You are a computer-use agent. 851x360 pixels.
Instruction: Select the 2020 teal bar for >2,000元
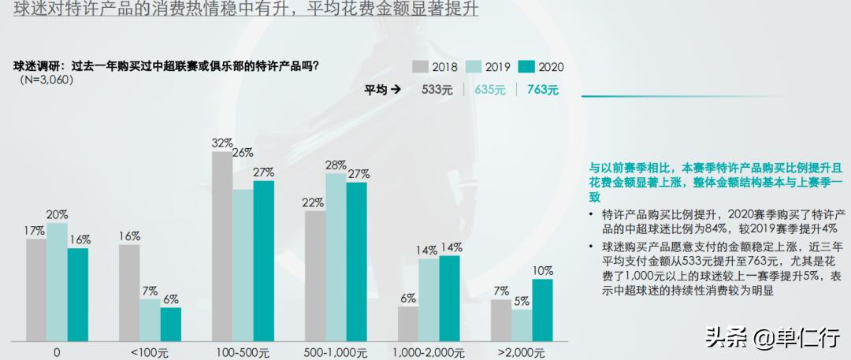click(542, 308)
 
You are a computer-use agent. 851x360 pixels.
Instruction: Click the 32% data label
click(222, 143)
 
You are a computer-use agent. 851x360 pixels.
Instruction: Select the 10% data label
click(543, 270)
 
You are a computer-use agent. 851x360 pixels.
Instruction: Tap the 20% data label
click(57, 214)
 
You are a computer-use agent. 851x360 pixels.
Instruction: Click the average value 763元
click(543, 90)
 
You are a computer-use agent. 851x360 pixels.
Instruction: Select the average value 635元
click(489, 90)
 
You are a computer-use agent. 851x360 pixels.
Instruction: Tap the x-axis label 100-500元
click(243, 352)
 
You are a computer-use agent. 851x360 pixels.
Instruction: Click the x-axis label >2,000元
click(522, 352)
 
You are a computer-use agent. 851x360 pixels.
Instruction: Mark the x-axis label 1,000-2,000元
click(429, 352)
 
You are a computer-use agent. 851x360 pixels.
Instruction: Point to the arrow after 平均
click(396, 90)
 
